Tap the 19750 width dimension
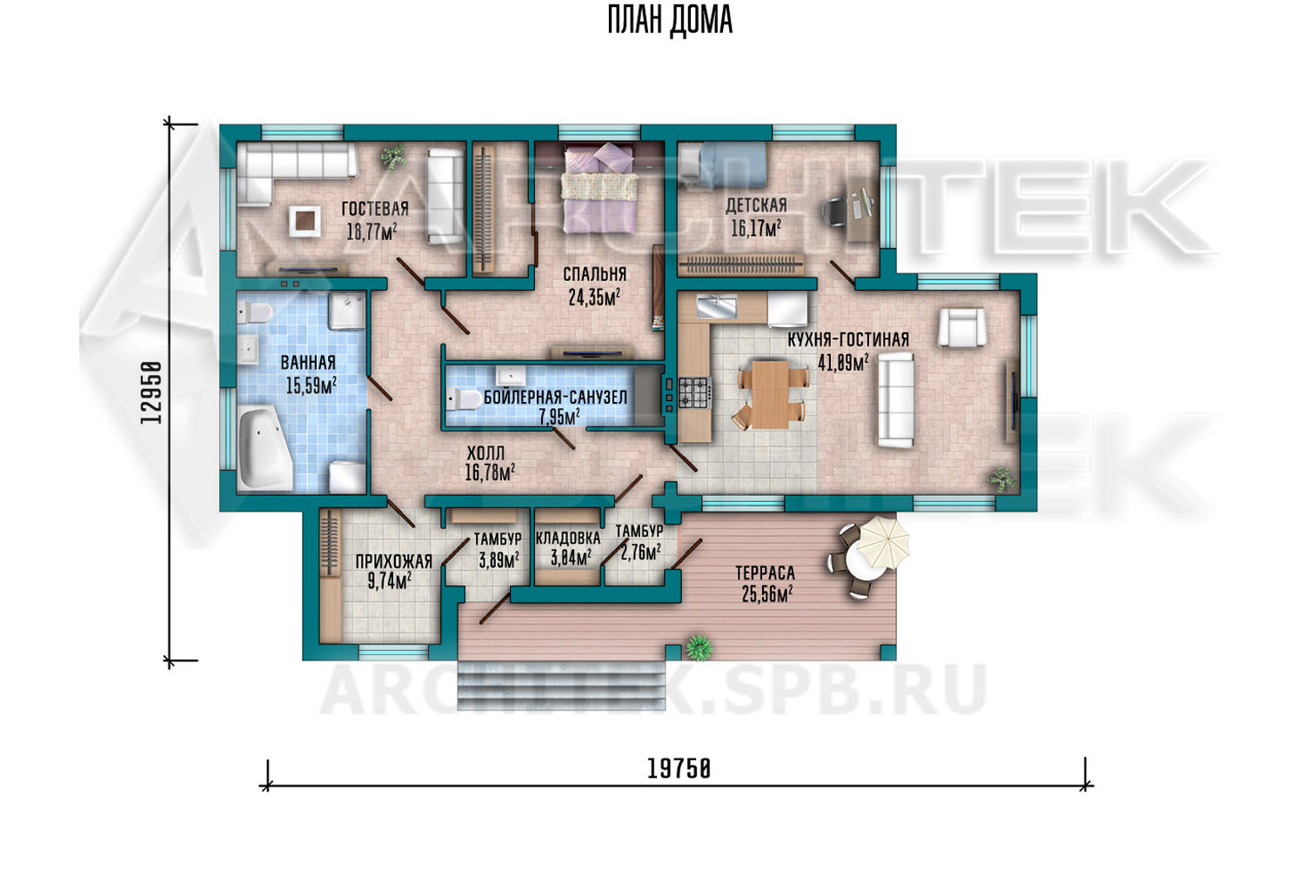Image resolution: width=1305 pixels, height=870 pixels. (x=679, y=769)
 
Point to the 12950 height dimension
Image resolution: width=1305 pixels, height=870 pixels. (x=151, y=392)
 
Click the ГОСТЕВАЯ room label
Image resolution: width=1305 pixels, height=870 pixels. (x=375, y=209)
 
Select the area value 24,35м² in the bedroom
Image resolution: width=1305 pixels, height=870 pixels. (x=594, y=298)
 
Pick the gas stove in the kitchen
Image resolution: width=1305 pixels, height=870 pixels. (x=694, y=392)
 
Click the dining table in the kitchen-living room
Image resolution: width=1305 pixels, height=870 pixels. (x=770, y=394)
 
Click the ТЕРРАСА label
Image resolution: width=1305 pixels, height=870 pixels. (x=765, y=572)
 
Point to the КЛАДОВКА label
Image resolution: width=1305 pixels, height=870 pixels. (x=567, y=538)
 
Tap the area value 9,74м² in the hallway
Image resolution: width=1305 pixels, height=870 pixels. (x=390, y=580)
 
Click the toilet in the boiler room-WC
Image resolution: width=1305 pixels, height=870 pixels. (x=465, y=399)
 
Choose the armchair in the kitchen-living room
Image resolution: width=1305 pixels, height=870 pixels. (x=962, y=327)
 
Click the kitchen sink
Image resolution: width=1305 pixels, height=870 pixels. (x=718, y=306)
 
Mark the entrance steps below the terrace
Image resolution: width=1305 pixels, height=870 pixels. (x=561, y=686)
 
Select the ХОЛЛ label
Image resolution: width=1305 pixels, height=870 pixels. (x=485, y=452)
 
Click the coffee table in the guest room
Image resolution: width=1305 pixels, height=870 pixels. (x=304, y=221)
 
